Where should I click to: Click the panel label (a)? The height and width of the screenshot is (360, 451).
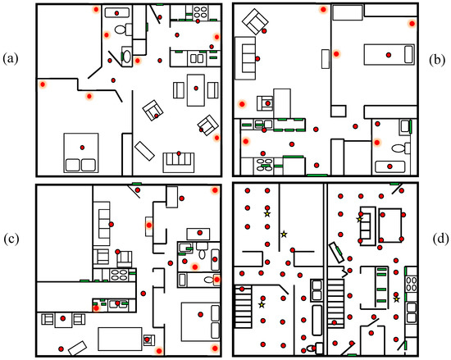point(11,59)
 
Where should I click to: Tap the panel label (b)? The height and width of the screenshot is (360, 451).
point(437,61)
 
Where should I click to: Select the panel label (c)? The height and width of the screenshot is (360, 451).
point(11,239)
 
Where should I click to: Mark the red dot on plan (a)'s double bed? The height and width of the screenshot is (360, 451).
point(82,148)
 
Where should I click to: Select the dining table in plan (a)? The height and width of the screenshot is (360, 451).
point(196,90)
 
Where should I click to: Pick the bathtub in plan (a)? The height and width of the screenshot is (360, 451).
point(116,13)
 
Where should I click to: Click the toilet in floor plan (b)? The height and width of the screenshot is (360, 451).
point(401,148)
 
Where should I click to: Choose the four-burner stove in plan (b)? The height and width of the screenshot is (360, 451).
point(265,166)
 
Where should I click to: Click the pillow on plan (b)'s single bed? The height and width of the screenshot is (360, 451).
point(408,54)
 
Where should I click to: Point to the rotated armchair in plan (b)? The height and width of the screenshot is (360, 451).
point(255,21)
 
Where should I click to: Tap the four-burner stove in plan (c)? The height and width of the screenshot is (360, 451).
point(119,274)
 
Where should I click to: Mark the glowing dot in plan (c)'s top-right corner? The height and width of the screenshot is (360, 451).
point(215,190)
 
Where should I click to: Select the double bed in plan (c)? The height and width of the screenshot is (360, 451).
point(200,321)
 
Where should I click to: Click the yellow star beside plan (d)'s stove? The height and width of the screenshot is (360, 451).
point(397,299)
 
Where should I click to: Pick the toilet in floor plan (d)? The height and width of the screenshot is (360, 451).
point(316,349)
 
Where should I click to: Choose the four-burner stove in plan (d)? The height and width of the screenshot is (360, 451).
point(411,284)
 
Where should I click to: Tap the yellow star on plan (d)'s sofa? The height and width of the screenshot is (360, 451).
point(359,220)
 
